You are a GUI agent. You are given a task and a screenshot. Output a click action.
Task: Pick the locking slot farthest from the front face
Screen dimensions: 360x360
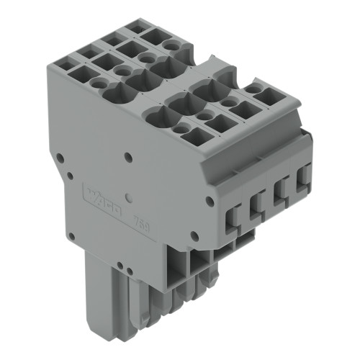[303, 175]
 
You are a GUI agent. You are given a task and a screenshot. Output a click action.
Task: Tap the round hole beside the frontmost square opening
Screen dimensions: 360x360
[177, 127]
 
